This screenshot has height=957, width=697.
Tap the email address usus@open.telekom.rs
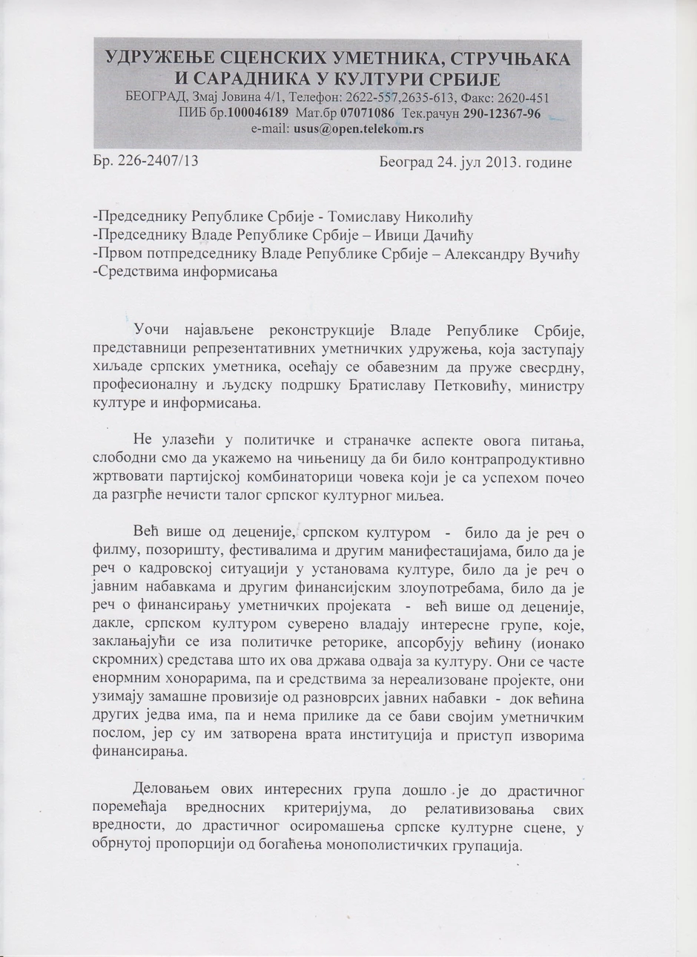point(359,128)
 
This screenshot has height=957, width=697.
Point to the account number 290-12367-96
point(501,114)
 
